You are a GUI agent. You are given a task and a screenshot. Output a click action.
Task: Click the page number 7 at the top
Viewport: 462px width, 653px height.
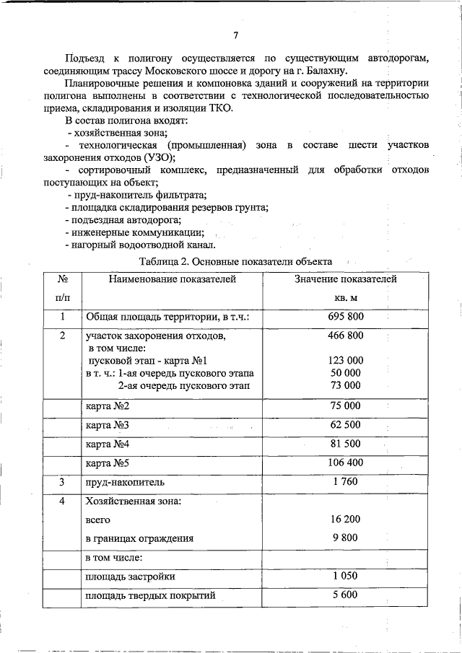click(236, 36)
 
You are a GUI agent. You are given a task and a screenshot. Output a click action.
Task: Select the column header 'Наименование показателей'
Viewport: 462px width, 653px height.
click(173, 279)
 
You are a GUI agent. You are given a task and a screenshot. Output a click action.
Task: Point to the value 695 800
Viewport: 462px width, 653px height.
click(346, 317)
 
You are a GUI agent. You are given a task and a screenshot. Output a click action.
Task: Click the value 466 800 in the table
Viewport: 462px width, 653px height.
click(346, 336)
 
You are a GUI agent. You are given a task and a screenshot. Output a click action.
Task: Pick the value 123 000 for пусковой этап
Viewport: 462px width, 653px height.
click(346, 360)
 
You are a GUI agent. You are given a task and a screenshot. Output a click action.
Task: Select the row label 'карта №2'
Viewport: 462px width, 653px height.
click(107, 406)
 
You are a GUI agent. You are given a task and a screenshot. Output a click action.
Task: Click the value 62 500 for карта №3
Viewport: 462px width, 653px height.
click(346, 425)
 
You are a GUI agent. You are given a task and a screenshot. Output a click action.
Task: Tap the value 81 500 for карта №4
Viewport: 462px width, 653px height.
click(346, 444)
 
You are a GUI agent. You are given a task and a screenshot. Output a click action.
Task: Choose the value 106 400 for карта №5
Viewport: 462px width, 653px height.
click(346, 463)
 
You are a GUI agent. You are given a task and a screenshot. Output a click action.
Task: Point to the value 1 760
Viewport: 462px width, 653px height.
click(346, 481)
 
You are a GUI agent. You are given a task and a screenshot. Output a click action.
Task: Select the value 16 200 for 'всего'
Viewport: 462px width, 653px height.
click(346, 519)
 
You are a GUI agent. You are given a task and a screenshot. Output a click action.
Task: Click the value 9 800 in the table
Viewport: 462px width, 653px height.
click(346, 538)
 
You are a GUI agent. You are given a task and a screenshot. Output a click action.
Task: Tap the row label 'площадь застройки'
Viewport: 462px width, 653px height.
click(130, 577)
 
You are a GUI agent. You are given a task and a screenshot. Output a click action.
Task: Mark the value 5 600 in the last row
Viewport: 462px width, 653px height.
click(346, 595)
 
